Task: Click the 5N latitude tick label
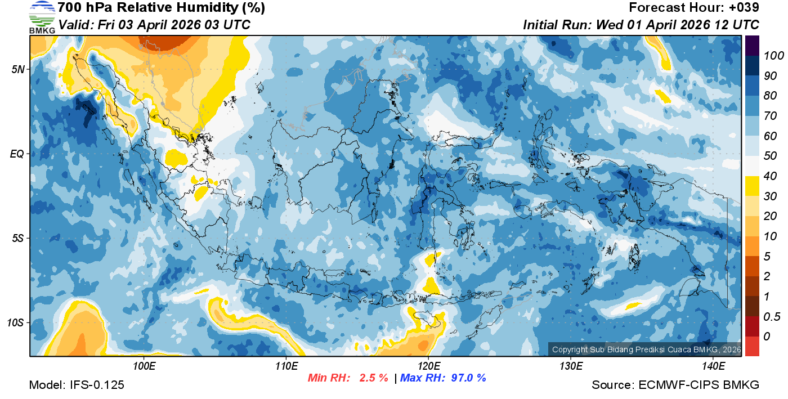18,69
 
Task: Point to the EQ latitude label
17,154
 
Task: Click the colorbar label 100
770,56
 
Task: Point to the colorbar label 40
770,176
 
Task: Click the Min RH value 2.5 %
373,378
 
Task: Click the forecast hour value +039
746,8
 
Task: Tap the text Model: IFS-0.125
77,385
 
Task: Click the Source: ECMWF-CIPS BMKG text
675,385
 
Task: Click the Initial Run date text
641,25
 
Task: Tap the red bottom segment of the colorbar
752,346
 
